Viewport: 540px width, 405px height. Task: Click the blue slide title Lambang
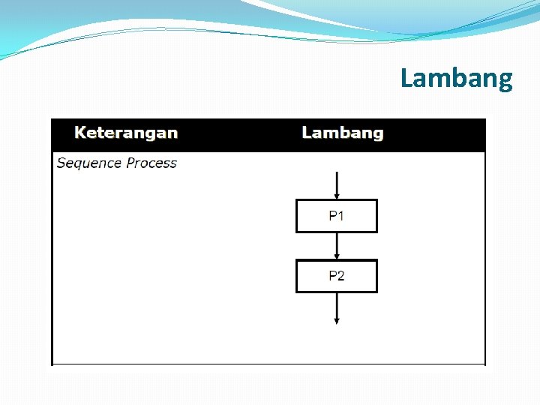tap(456, 78)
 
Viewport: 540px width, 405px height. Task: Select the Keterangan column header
tap(126, 133)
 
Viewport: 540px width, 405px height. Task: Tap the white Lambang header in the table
tap(342, 133)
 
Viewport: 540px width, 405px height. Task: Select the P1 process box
tap(337, 216)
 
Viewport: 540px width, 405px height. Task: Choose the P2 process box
tap(337, 276)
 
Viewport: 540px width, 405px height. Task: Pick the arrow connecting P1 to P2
tap(337, 244)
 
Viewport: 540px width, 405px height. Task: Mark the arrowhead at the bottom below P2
tap(337, 320)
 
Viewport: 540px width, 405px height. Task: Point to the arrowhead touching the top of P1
tap(337, 196)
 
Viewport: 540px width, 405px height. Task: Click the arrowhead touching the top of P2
tap(337, 256)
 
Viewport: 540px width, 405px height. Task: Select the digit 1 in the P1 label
tap(341, 216)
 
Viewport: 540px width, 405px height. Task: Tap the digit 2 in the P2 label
tap(341, 276)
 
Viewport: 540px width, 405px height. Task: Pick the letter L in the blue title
tap(406, 78)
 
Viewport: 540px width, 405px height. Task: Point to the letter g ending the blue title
tap(505, 81)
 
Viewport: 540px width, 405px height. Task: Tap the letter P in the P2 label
tap(332, 276)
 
